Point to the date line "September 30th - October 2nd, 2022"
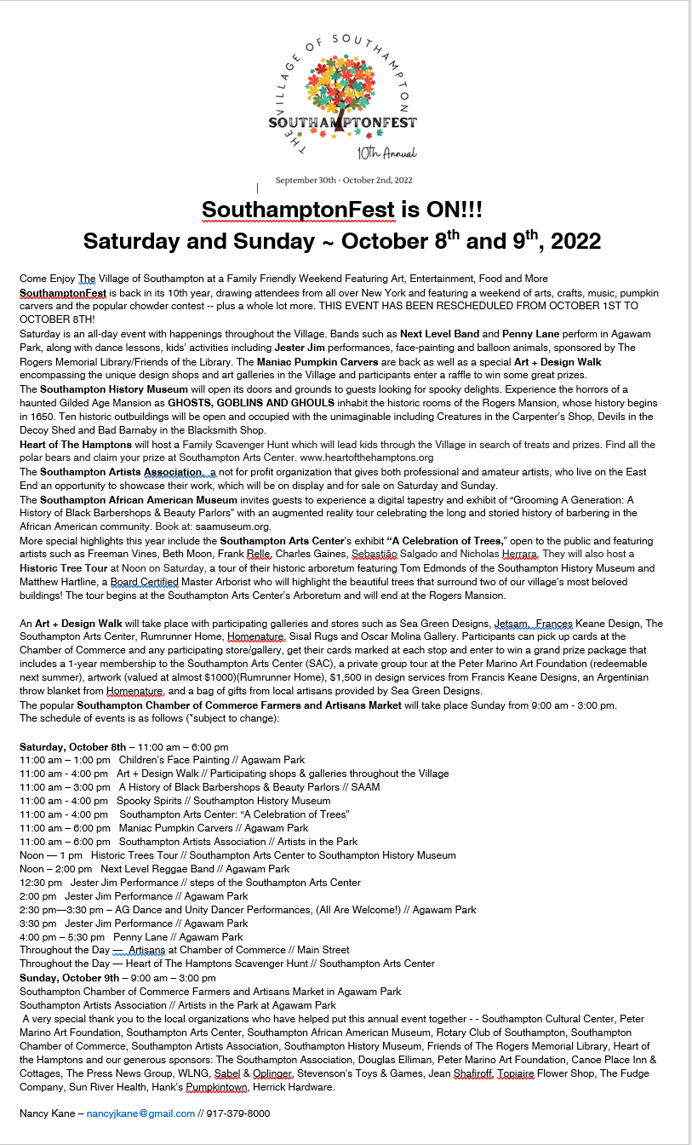(343, 180)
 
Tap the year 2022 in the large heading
(575, 241)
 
